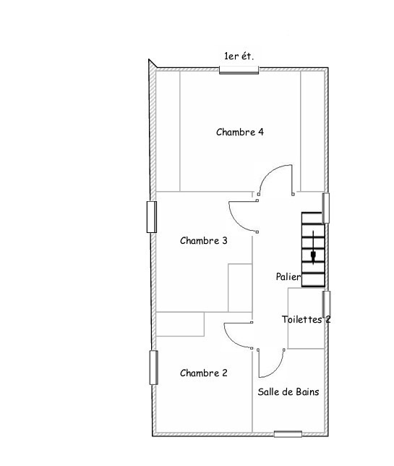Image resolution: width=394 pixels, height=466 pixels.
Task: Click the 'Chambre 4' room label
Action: tap(240, 132)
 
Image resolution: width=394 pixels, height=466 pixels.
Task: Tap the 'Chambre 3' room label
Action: tap(204, 240)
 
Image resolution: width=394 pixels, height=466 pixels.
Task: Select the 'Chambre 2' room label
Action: tap(204, 373)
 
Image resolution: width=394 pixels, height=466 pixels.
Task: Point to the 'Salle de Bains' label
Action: tap(288, 391)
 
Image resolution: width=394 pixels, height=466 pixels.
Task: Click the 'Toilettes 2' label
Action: tap(306, 320)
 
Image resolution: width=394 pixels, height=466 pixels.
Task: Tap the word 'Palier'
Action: tap(288, 277)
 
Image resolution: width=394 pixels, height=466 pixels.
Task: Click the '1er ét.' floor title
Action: tap(239, 56)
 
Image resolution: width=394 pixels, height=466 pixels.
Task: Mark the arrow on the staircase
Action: tap(313, 247)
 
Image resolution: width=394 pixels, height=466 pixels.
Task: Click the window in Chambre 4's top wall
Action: tap(239, 70)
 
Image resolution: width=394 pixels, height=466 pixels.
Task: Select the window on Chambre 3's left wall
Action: tap(152, 217)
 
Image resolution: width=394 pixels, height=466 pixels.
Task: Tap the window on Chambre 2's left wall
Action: tap(153, 368)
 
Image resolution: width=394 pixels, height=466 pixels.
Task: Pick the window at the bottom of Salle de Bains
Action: tap(288, 434)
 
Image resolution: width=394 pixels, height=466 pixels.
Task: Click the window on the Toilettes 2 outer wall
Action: tap(327, 304)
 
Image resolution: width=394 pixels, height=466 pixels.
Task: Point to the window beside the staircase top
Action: tap(326, 208)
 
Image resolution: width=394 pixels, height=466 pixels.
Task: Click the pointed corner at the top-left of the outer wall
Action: tap(149, 59)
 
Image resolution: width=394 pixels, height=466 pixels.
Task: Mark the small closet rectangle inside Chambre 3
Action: tap(240, 288)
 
